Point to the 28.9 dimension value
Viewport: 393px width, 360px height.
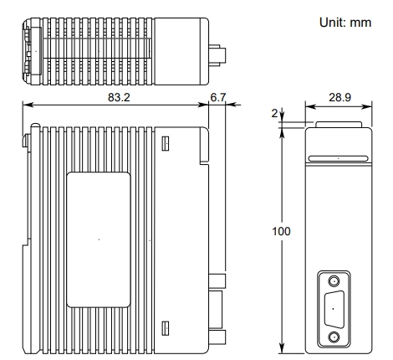pos(339,97)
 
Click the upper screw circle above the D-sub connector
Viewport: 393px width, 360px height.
pos(334,282)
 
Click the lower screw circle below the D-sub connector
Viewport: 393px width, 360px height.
pos(334,337)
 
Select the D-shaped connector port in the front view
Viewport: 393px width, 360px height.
pos(334,310)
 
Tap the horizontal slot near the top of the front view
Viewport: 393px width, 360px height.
pos(338,157)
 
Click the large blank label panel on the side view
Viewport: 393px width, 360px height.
pos(99,239)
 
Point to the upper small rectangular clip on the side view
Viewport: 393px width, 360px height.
pos(166,144)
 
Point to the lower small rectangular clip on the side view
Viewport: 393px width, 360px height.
pos(166,326)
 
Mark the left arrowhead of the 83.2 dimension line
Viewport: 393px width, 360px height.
pos(26,105)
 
